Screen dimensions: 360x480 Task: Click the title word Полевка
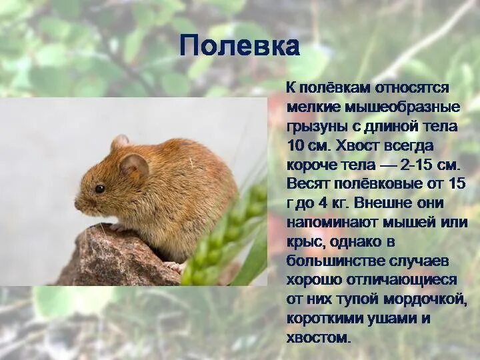239,46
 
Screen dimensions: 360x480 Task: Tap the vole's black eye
99,189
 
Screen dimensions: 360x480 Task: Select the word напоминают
329,222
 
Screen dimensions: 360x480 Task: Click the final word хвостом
317,337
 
